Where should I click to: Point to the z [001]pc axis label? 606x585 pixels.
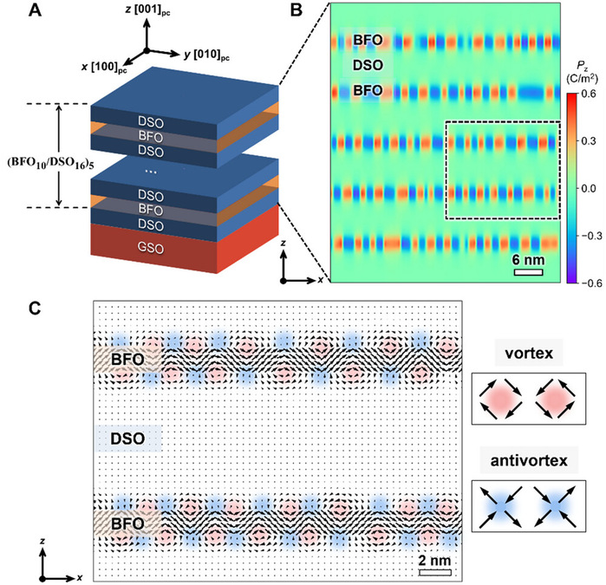click(173, 10)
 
